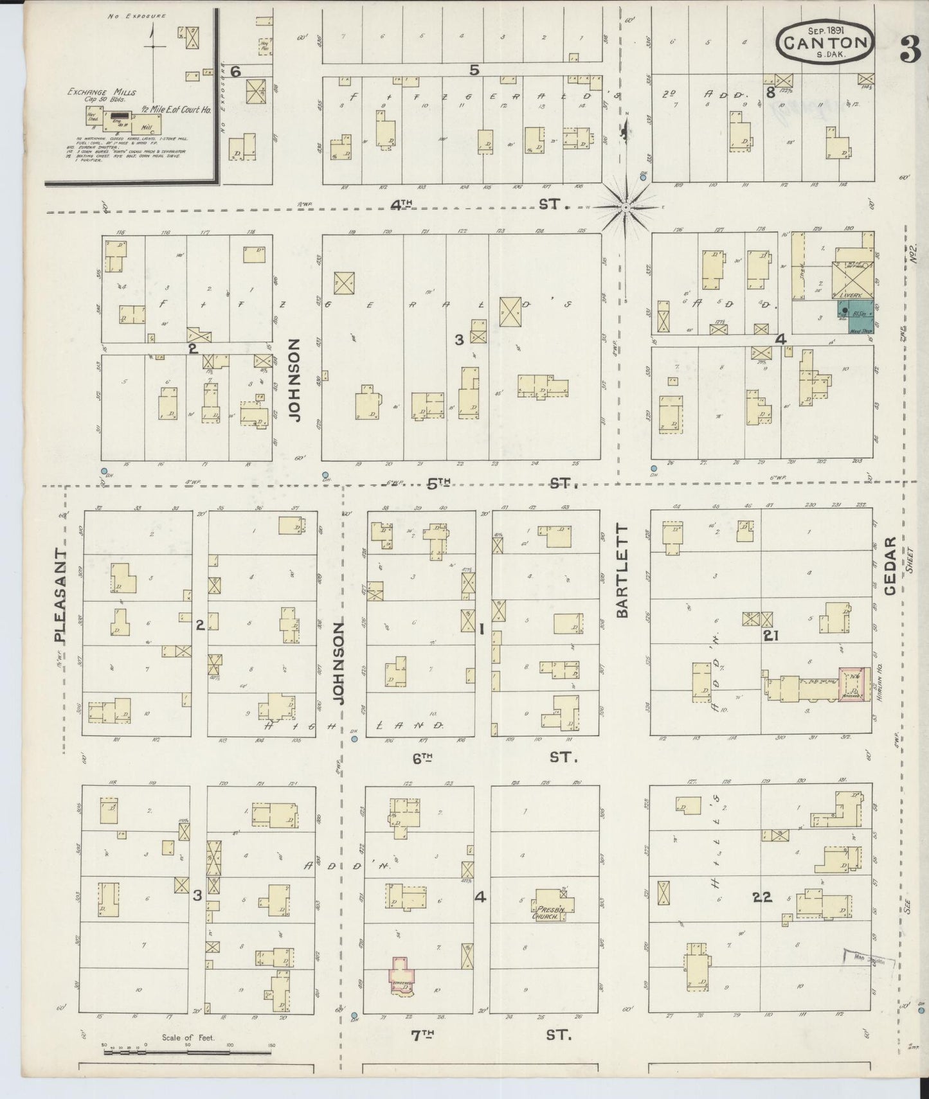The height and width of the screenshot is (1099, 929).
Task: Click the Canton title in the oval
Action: pos(825,43)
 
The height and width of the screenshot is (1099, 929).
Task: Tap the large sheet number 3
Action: pos(910,51)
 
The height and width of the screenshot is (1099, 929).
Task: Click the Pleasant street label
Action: pos(60,595)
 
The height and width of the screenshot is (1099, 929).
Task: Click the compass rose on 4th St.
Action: pos(626,207)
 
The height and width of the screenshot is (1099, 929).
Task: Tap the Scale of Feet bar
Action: pos(186,1053)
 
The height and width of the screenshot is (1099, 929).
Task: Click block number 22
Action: pos(762,897)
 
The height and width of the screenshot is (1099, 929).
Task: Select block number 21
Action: pos(771,636)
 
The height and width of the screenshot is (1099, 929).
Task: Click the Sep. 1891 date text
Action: pos(825,29)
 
